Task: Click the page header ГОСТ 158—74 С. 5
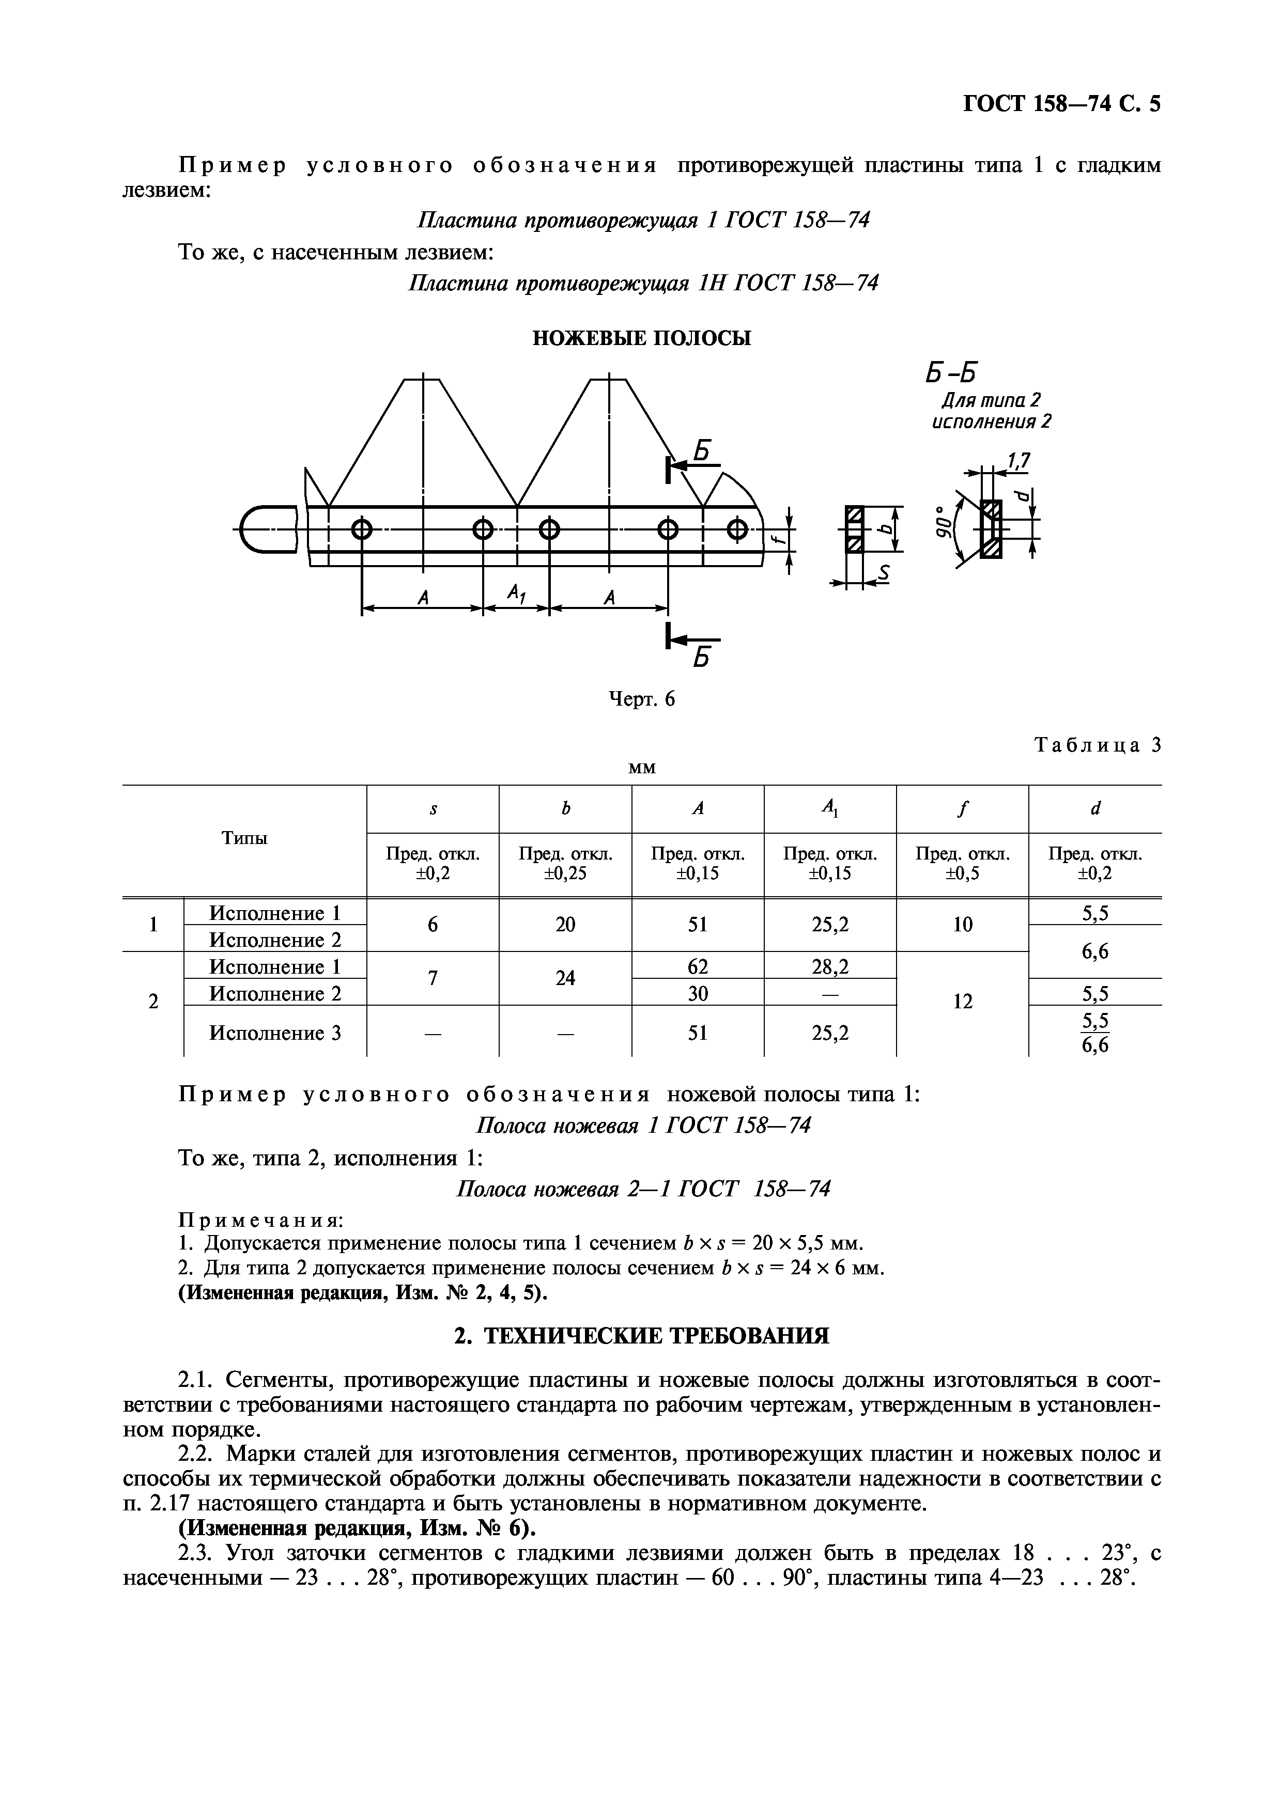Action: [x=1061, y=104]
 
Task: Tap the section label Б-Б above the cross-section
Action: [x=950, y=370]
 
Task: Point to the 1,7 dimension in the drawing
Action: [x=1020, y=460]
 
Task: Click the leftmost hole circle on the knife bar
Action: [x=362, y=529]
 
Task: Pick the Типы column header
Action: [x=244, y=838]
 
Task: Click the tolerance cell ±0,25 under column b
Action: [x=565, y=864]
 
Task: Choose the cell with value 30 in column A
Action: [x=698, y=993]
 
